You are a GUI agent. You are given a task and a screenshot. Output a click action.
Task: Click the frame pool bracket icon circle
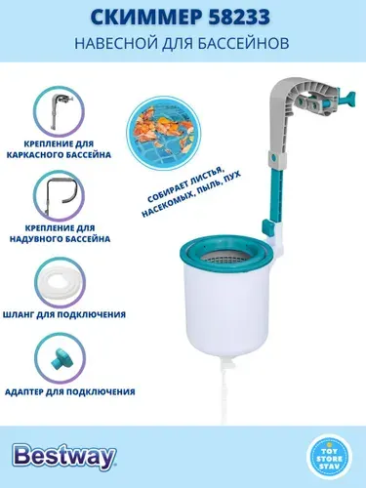59,110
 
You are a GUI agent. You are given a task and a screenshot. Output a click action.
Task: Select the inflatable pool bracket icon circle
59,194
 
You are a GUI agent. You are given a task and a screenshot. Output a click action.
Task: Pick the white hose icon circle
60,281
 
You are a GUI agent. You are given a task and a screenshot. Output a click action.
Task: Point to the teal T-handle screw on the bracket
339,100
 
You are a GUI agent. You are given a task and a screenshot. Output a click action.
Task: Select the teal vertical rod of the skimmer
274,195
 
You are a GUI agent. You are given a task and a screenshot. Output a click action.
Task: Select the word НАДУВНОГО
34,239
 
